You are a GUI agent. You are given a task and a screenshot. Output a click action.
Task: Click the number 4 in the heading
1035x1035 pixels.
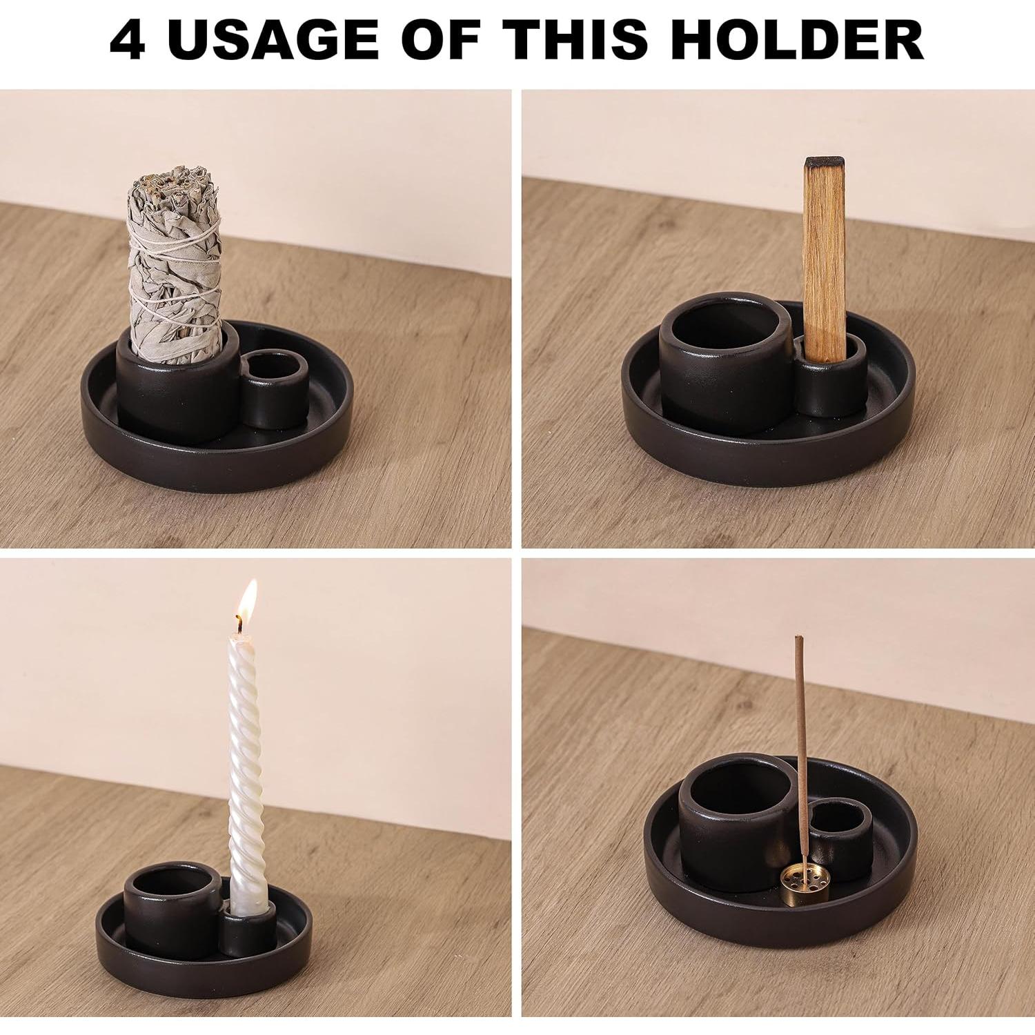[x=128, y=39]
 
